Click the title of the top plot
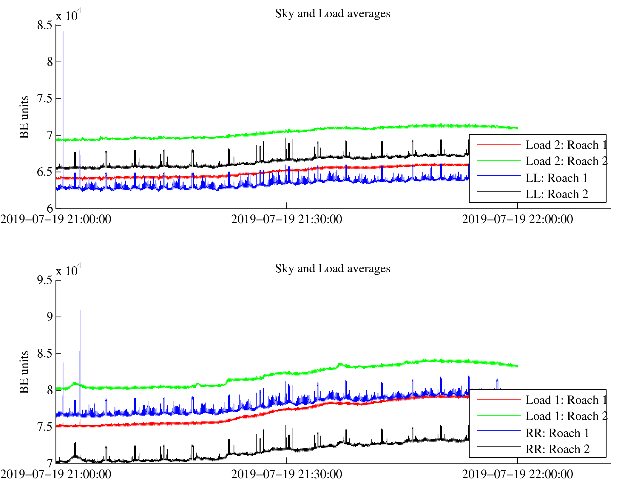[332, 14]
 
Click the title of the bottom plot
[332, 269]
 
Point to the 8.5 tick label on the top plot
[45, 25]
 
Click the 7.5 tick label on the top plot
[45, 98]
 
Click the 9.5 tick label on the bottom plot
[45, 280]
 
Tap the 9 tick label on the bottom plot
[50, 317]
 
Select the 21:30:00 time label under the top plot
[286, 220]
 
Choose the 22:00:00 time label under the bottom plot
[517, 475]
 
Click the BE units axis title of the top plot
[24, 117]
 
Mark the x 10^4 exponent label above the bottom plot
[69, 270]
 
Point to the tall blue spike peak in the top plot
[63, 32]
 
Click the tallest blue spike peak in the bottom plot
[80, 311]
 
